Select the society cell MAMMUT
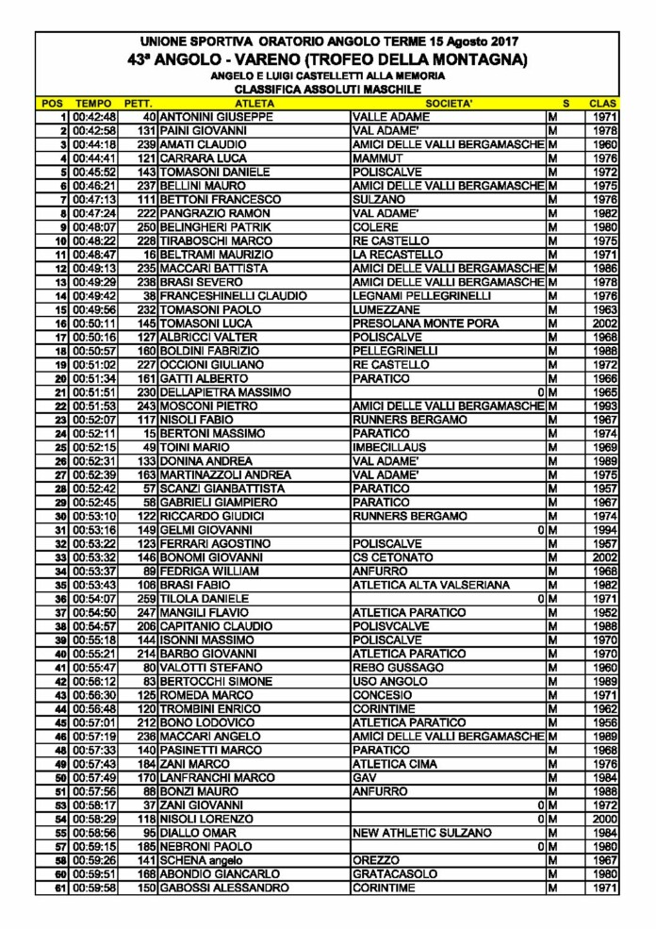377,159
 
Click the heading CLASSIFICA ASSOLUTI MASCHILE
328,88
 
